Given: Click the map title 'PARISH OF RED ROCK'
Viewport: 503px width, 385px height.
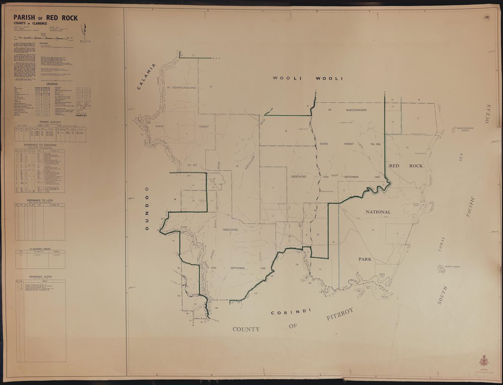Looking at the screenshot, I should (x=46, y=19).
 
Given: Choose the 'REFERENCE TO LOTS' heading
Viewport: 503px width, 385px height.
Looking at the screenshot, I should (x=40, y=200).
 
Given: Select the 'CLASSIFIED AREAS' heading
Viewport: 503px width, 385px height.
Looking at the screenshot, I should (x=40, y=248).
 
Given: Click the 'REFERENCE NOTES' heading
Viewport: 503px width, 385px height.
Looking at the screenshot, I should (x=40, y=277).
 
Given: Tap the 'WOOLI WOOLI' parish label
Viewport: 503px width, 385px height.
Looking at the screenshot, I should (x=308, y=79).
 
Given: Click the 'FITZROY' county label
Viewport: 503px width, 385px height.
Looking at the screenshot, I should (x=340, y=315).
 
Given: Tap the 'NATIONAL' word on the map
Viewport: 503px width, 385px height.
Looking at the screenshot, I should (x=386, y=212).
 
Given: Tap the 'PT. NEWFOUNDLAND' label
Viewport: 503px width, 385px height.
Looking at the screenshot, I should (x=179, y=88).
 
